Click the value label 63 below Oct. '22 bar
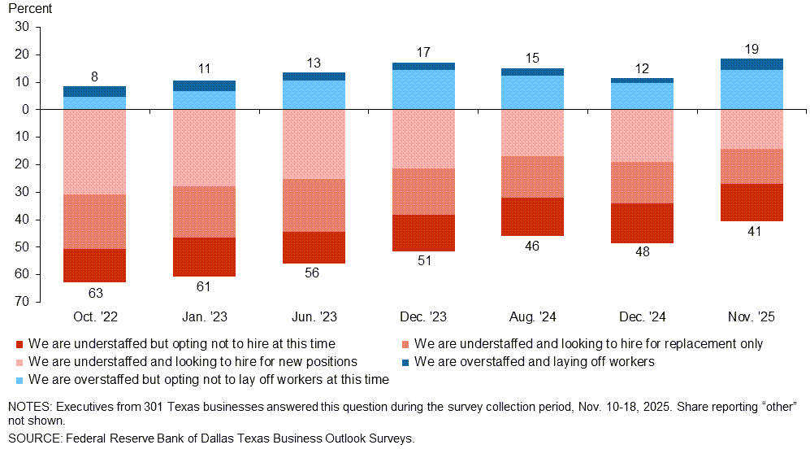click(94, 292)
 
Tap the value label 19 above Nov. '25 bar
click(752, 49)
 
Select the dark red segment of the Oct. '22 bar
click(94, 265)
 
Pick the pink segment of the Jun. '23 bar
click(314, 144)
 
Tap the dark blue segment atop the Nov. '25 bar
click(752, 64)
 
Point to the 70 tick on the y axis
click(22, 302)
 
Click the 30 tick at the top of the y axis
click(22, 27)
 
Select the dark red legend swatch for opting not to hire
click(20, 344)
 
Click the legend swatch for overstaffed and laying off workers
click(406, 362)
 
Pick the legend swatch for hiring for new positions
click(20, 362)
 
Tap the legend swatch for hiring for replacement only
click(406, 344)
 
